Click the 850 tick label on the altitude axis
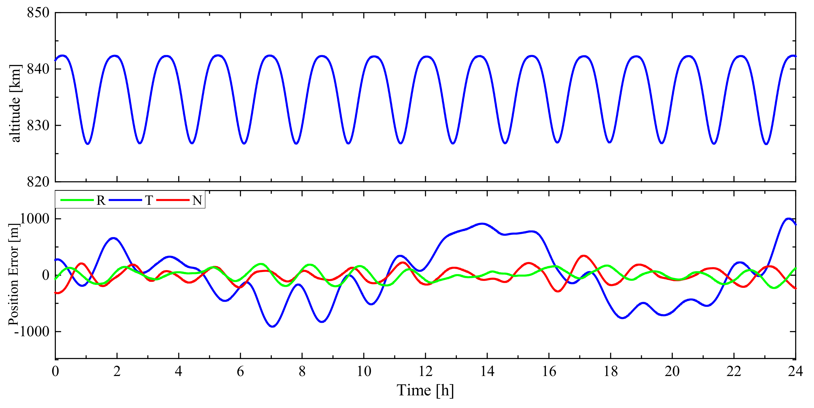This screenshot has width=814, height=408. [x=38, y=13]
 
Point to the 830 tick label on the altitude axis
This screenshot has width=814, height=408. [x=38, y=126]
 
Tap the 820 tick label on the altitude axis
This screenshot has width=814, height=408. [x=38, y=182]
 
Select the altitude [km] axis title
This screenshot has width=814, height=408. [x=15, y=103]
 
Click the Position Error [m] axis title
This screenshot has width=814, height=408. [x=14, y=274]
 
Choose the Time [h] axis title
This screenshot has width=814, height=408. [x=425, y=390]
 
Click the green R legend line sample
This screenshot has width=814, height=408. [x=77, y=200]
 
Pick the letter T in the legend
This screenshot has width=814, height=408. [x=149, y=201]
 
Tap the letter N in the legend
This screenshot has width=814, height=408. [x=197, y=201]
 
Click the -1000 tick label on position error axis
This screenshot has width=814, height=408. [x=32, y=331]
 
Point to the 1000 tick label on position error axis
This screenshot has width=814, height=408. [x=35, y=219]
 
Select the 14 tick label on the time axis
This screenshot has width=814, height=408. [x=487, y=371]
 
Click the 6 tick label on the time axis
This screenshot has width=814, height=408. [x=240, y=371]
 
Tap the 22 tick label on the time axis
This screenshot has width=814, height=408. [x=734, y=371]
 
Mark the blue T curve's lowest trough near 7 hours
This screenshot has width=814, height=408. [x=273, y=326]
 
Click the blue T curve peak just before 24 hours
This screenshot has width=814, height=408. [x=788, y=219]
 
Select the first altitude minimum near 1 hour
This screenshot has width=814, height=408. [x=88, y=144]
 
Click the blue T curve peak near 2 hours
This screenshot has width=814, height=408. [x=113, y=238]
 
